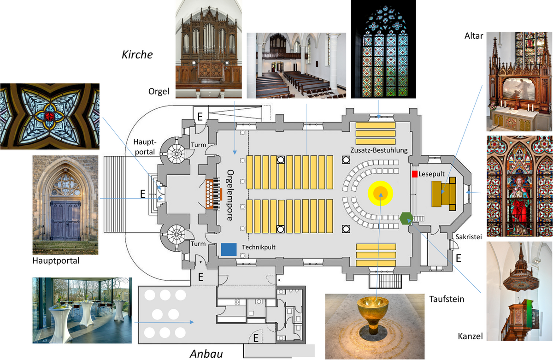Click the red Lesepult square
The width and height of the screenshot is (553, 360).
414,174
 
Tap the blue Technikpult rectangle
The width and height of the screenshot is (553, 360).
229,249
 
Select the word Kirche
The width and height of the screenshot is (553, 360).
137,54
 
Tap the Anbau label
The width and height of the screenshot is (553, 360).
207,354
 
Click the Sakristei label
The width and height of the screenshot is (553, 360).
469,237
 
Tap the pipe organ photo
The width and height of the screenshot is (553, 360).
208,49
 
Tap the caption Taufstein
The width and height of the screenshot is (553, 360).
446,299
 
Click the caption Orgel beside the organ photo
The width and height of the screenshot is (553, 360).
159,91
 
